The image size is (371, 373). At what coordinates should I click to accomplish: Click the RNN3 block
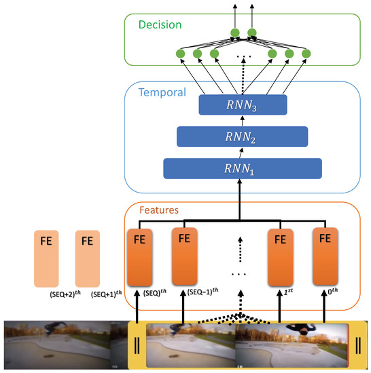pyautogui.click(x=243, y=104)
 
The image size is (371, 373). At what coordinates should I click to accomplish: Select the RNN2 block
pyautogui.click(x=243, y=136)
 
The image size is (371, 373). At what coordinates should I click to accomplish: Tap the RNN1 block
pyautogui.click(x=243, y=168)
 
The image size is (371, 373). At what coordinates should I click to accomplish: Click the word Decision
pyautogui.click(x=160, y=25)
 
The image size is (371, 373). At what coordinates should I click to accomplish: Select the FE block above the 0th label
pyautogui.click(x=325, y=257)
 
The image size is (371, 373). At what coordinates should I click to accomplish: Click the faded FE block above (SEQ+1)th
pyautogui.click(x=87, y=257)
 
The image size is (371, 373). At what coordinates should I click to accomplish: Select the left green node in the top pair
pyautogui.click(x=235, y=32)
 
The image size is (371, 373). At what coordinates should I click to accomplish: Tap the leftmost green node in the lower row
pyautogui.click(x=181, y=53)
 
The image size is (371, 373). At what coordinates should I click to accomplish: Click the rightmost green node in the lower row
pyautogui.click(x=306, y=53)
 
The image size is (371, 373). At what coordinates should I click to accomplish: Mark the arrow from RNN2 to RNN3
pyautogui.click(x=243, y=120)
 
